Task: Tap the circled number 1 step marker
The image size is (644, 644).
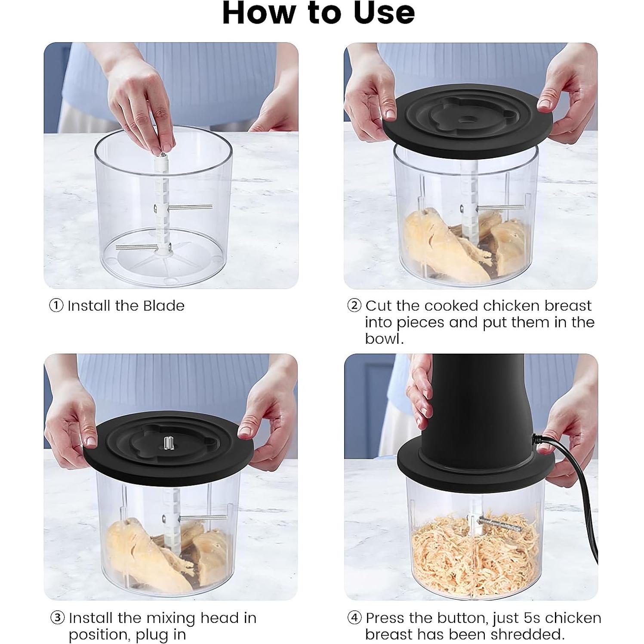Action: pos(56,306)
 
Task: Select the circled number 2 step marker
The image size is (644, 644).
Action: pos(354,306)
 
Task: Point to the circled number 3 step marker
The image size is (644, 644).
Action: pos(58,618)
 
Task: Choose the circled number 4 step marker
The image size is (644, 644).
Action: pos(354,618)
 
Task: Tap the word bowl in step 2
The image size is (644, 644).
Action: pos(384,339)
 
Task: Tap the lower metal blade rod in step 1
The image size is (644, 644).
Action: pos(137,247)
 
